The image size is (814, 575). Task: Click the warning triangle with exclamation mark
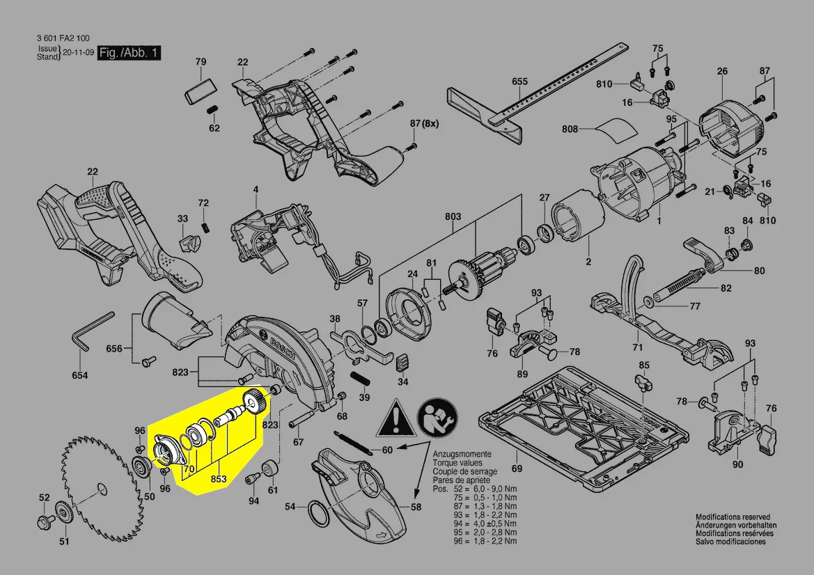tap(396, 418)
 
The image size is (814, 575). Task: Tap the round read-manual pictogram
tap(437, 418)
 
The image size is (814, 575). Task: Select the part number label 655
tap(519, 81)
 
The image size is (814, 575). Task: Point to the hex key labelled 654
tap(93, 331)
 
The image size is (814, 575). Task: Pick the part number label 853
tap(219, 478)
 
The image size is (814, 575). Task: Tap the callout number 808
tap(570, 129)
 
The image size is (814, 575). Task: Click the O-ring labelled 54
tap(318, 513)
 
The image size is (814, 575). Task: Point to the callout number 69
tap(517, 468)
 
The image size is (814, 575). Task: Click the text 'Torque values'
tap(457, 463)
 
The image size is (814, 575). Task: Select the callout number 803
tap(453, 216)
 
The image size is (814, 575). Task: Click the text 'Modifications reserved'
tap(733, 517)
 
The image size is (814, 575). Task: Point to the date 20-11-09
tap(79, 52)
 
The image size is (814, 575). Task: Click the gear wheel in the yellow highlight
tap(255, 402)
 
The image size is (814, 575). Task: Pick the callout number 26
tap(722, 71)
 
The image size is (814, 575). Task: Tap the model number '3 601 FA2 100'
tap(63, 38)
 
